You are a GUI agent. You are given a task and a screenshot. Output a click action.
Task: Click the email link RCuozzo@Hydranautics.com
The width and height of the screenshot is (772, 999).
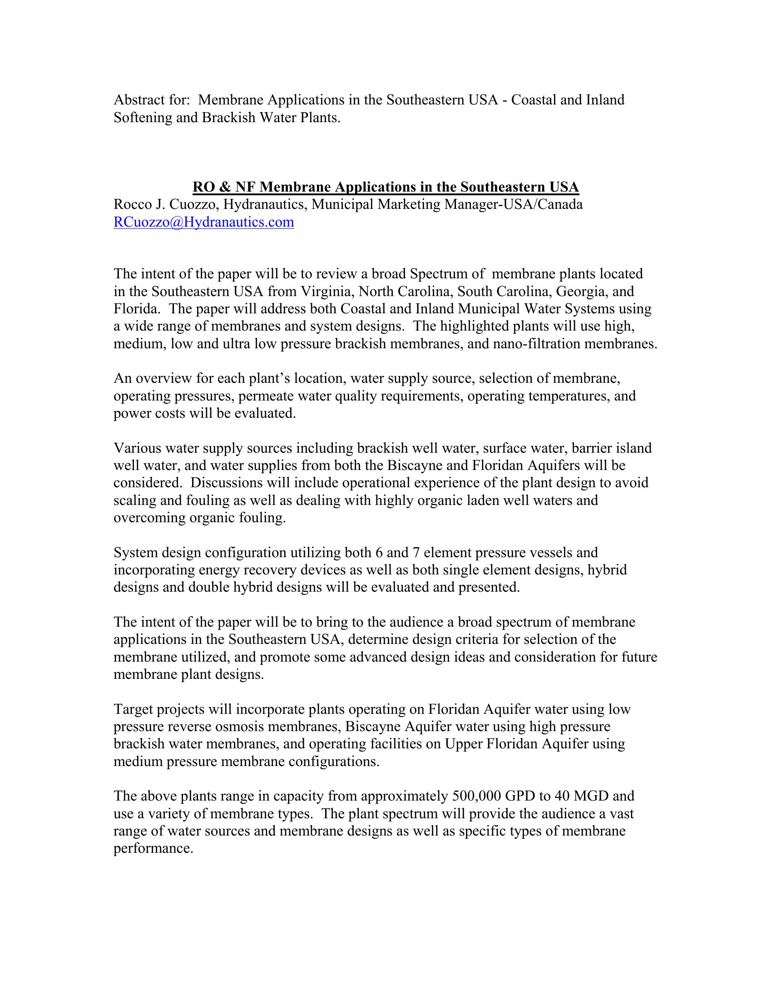click(203, 223)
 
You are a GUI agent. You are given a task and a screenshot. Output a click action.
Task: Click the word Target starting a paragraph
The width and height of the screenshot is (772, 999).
click(134, 709)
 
